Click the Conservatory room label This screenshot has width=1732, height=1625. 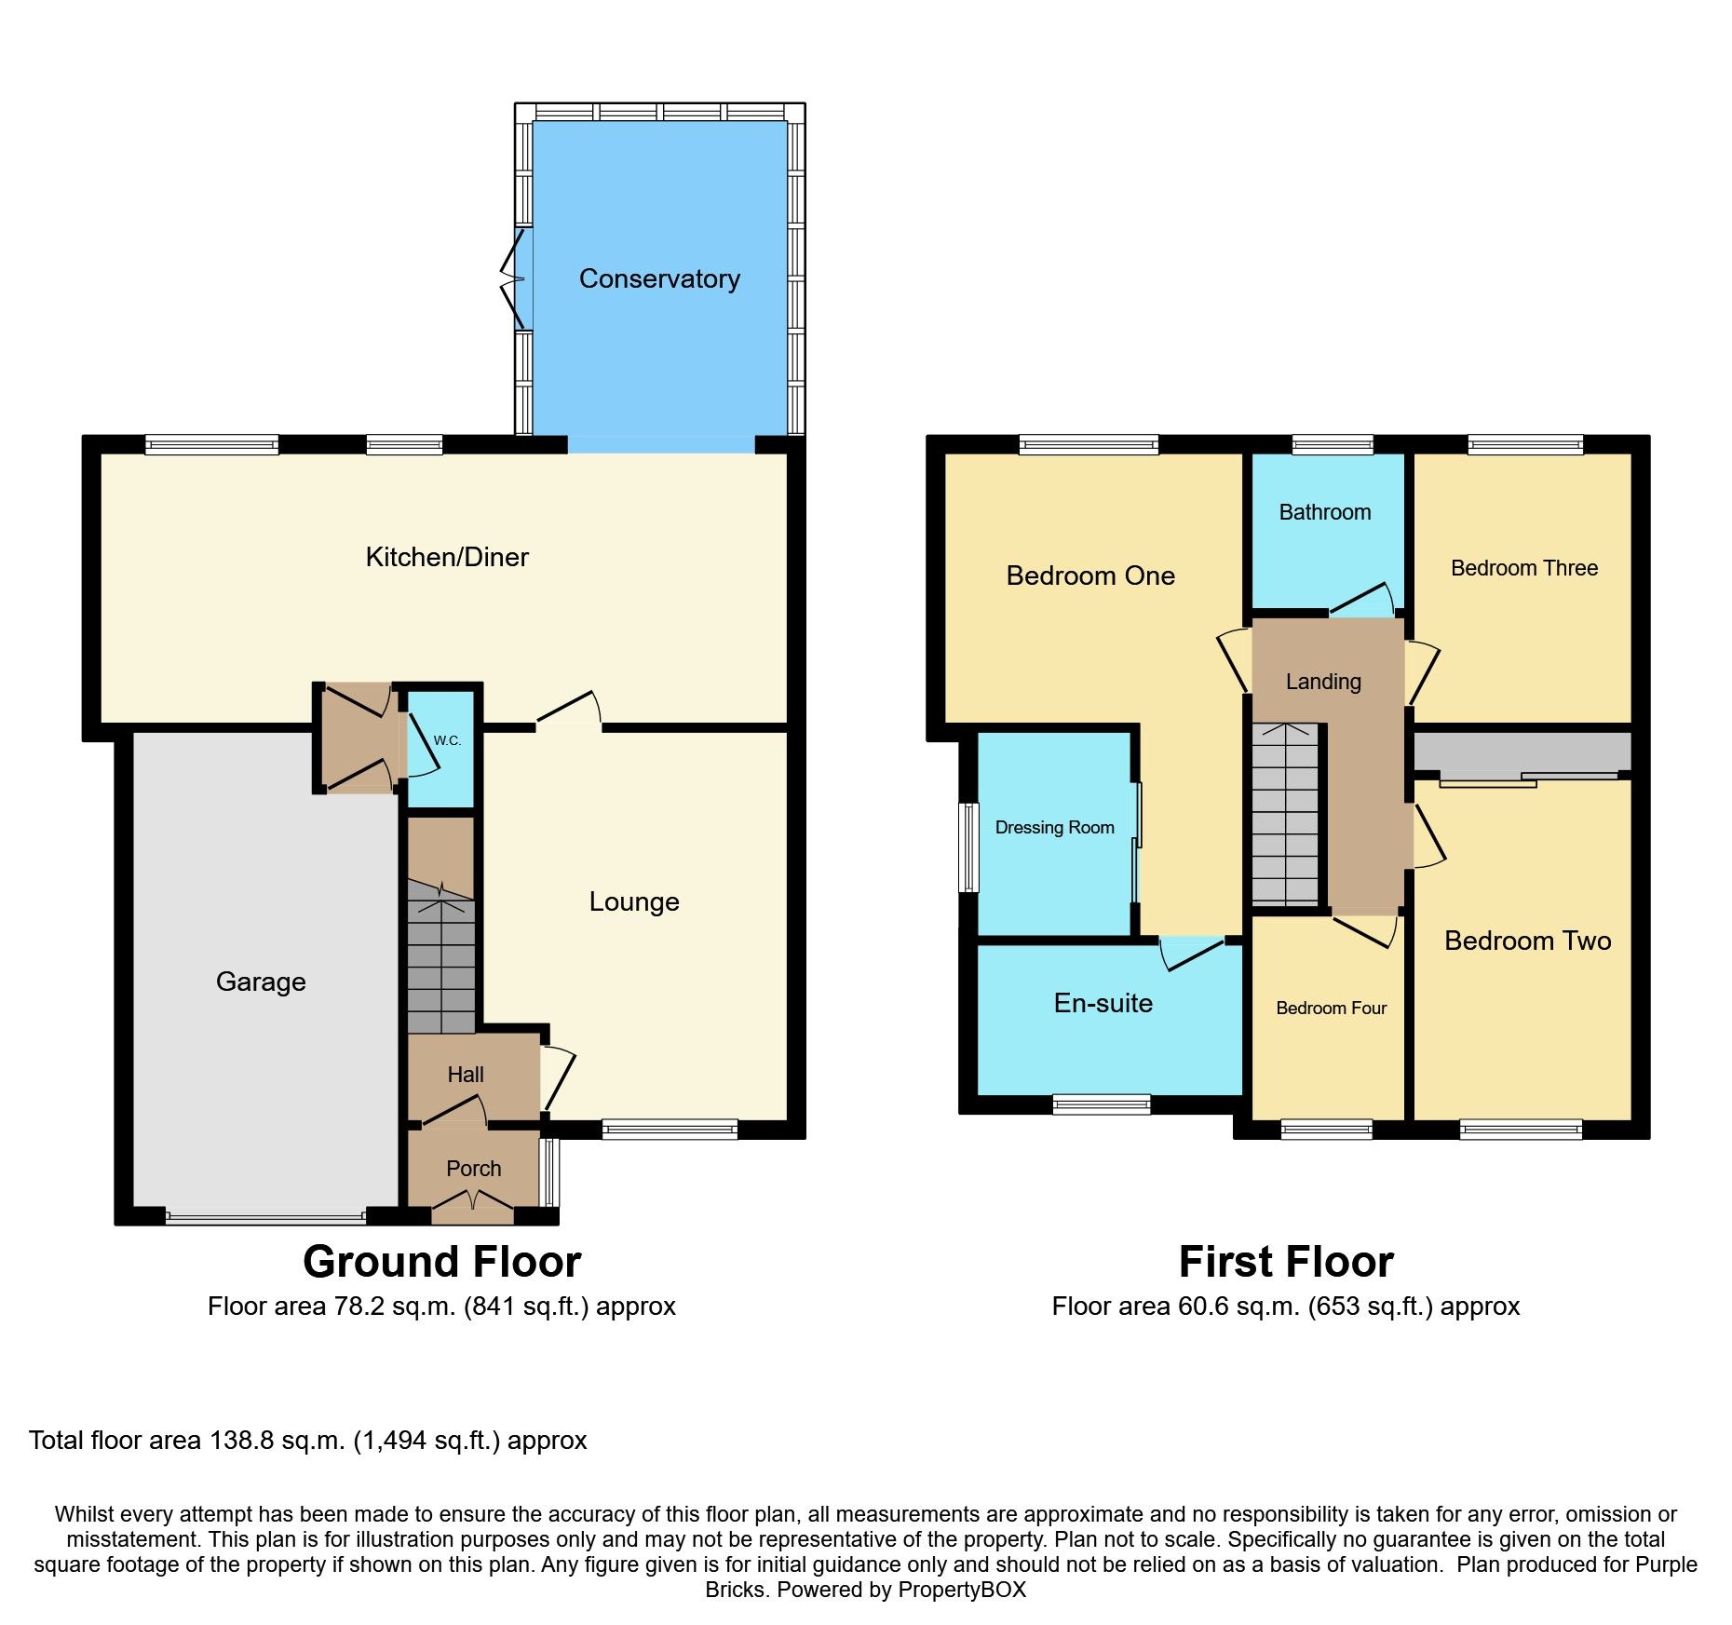point(659,278)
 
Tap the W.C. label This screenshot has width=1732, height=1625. point(447,740)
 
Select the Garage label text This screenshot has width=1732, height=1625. point(261,982)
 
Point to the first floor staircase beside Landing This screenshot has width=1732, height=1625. point(1286,815)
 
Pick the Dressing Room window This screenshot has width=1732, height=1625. point(969,847)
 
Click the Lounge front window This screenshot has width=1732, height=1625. point(670,1130)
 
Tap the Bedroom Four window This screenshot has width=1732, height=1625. point(1326,1130)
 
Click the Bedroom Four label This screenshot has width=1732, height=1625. point(1331,1008)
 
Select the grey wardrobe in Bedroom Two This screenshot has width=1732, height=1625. point(1522,752)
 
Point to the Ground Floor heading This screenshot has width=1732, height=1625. point(441,1262)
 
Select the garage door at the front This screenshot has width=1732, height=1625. point(265,1216)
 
